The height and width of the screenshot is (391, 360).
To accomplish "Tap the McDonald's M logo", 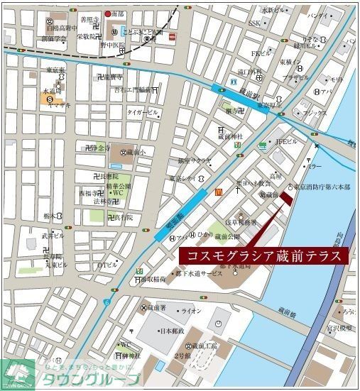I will click(219, 193).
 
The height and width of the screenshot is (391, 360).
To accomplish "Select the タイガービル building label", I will click(142, 112).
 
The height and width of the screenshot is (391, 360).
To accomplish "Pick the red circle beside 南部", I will click(109, 13).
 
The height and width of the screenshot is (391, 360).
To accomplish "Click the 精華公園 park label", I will click(119, 184).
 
